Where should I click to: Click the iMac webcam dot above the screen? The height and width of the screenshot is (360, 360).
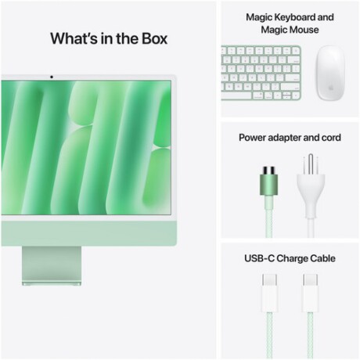[52, 77]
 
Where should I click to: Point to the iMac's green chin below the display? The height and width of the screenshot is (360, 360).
[86, 232]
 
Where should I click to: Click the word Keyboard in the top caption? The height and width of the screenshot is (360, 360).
[293, 16]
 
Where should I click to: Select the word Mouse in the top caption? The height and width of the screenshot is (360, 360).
[304, 30]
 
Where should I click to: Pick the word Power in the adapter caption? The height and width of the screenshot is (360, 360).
[254, 138]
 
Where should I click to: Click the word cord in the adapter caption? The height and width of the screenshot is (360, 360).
[330, 138]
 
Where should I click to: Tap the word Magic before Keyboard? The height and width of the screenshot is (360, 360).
[259, 16]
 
